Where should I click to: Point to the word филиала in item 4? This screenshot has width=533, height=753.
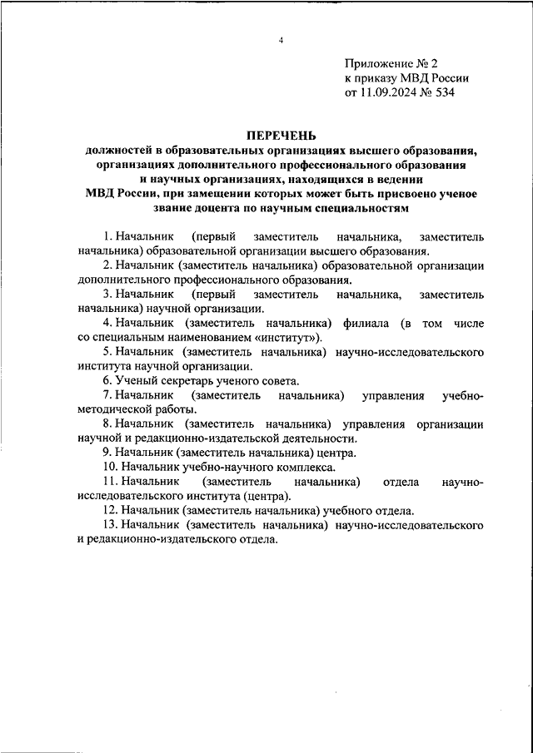click(x=366, y=323)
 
